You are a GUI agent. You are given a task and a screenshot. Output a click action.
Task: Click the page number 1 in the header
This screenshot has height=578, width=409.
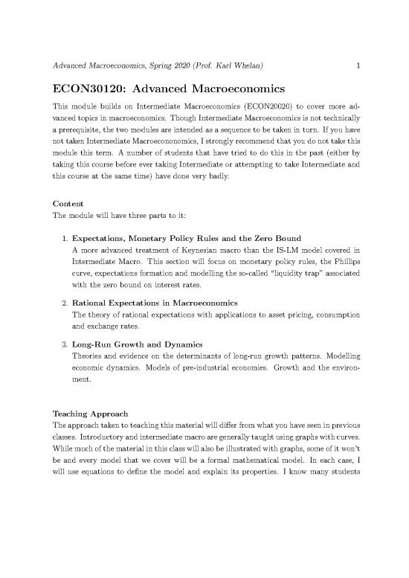click(358, 65)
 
